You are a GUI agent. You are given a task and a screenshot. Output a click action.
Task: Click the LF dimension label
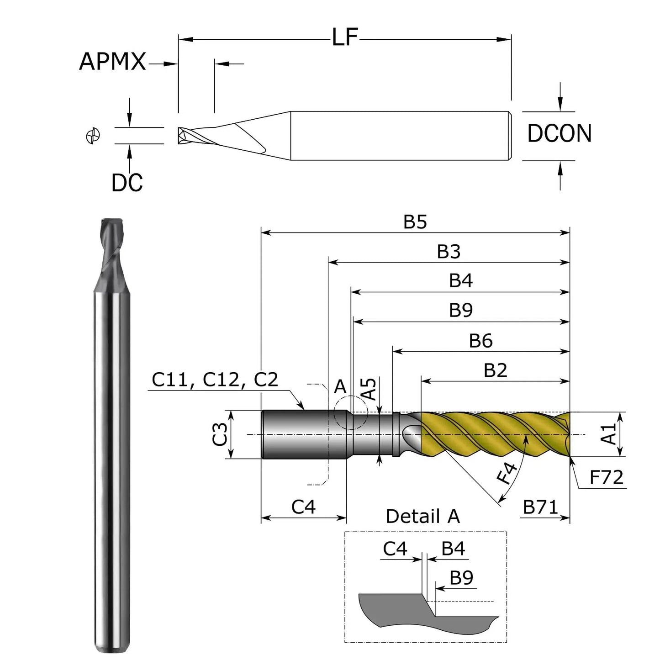tap(345, 37)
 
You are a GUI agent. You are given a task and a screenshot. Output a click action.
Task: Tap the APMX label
tap(112, 62)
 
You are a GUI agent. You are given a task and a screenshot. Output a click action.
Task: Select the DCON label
tap(559, 133)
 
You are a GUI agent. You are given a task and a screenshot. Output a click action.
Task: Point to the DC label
tap(127, 183)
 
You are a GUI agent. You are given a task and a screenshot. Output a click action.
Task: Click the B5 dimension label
tap(415, 222)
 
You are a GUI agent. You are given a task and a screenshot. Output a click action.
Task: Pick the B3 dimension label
tap(449, 252)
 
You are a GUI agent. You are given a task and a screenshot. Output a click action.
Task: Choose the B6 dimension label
tap(480, 341)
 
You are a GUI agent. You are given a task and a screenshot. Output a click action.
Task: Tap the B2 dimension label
tap(495, 370)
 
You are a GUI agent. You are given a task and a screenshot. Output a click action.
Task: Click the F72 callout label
tap(606, 478)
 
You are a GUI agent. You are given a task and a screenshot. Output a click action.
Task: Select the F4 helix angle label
tap(507, 473)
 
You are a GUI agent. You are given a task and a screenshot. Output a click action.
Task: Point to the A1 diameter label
tap(609, 434)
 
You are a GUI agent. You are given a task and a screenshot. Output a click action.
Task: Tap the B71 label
tap(540, 507)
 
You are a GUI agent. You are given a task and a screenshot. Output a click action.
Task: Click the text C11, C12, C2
tap(215, 380)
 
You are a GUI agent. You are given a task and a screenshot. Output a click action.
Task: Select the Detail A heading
tap(422, 517)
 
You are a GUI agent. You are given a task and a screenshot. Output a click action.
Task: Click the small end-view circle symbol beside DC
tap(93, 136)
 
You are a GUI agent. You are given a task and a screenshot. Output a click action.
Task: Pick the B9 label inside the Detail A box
tap(461, 578)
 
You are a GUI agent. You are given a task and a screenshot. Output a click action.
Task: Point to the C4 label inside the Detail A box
tap(395, 549)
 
